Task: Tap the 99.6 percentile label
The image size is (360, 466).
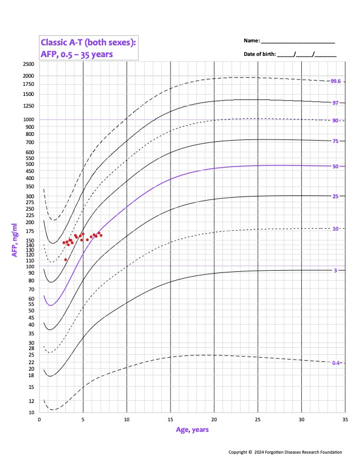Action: point(336,81)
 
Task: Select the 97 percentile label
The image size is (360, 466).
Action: point(335,102)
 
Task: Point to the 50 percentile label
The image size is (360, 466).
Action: point(335,167)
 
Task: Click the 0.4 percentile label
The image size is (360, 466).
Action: point(336,363)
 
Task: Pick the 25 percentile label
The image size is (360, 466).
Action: point(335,196)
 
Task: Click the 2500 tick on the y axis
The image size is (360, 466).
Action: point(28,64)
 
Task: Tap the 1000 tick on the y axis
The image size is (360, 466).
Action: point(28,119)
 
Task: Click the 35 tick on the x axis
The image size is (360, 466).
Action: point(345,419)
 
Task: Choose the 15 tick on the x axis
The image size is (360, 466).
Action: point(171,419)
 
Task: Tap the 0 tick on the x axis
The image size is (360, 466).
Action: point(39,419)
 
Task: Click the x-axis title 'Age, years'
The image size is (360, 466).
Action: point(192,430)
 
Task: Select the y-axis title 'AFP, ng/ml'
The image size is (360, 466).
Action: point(14,240)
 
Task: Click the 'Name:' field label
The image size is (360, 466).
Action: point(251,41)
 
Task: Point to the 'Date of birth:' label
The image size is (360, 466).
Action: point(259,54)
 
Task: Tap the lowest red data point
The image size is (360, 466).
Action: point(66,259)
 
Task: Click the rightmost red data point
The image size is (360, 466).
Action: point(101,235)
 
